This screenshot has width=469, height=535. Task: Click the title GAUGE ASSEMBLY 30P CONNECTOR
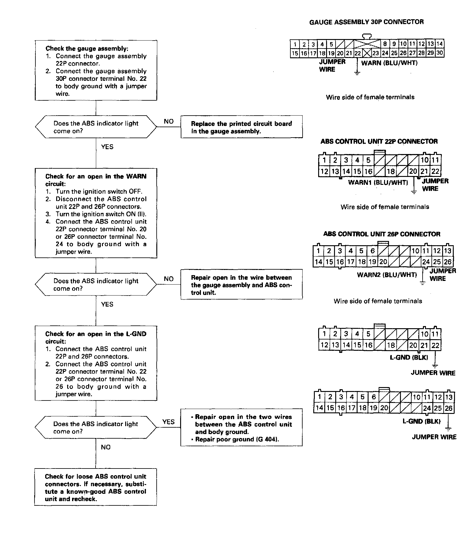click(366, 22)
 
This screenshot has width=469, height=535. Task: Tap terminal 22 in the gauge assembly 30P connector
click(358, 53)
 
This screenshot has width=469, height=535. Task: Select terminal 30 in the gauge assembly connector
click(439, 53)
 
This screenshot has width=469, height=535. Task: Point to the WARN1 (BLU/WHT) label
click(378, 182)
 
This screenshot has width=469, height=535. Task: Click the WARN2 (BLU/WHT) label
click(387, 275)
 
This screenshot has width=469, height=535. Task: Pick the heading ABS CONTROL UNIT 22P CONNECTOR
click(379, 141)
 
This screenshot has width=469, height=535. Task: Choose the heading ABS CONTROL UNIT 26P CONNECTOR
click(382, 234)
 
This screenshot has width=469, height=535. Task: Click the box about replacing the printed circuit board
click(242, 127)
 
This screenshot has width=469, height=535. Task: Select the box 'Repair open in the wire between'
click(242, 285)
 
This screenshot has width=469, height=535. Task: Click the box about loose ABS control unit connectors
click(96, 487)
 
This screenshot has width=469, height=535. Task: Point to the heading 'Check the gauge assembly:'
click(87, 48)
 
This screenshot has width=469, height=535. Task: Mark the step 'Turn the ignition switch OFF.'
click(99, 192)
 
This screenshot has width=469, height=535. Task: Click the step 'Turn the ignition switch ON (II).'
click(101, 214)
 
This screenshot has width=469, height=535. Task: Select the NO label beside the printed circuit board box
click(169, 121)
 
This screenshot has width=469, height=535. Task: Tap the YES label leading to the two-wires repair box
click(168, 422)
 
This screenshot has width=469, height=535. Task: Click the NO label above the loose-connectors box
click(105, 447)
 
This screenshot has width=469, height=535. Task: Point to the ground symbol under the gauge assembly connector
click(357, 73)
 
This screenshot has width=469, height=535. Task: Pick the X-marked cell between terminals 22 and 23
click(366, 53)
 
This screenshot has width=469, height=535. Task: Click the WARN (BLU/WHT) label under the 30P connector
click(389, 63)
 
